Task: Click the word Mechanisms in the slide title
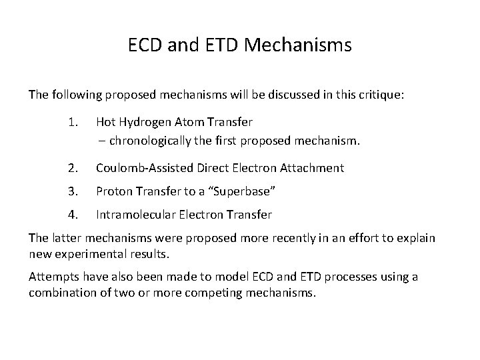pos(299,46)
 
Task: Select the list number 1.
pos(73,122)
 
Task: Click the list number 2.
pos(73,168)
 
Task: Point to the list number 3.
pos(73,191)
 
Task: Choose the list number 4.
pos(73,215)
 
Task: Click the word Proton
pos(114,191)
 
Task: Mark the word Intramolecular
pos(136,215)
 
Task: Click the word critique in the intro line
pos(379,94)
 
